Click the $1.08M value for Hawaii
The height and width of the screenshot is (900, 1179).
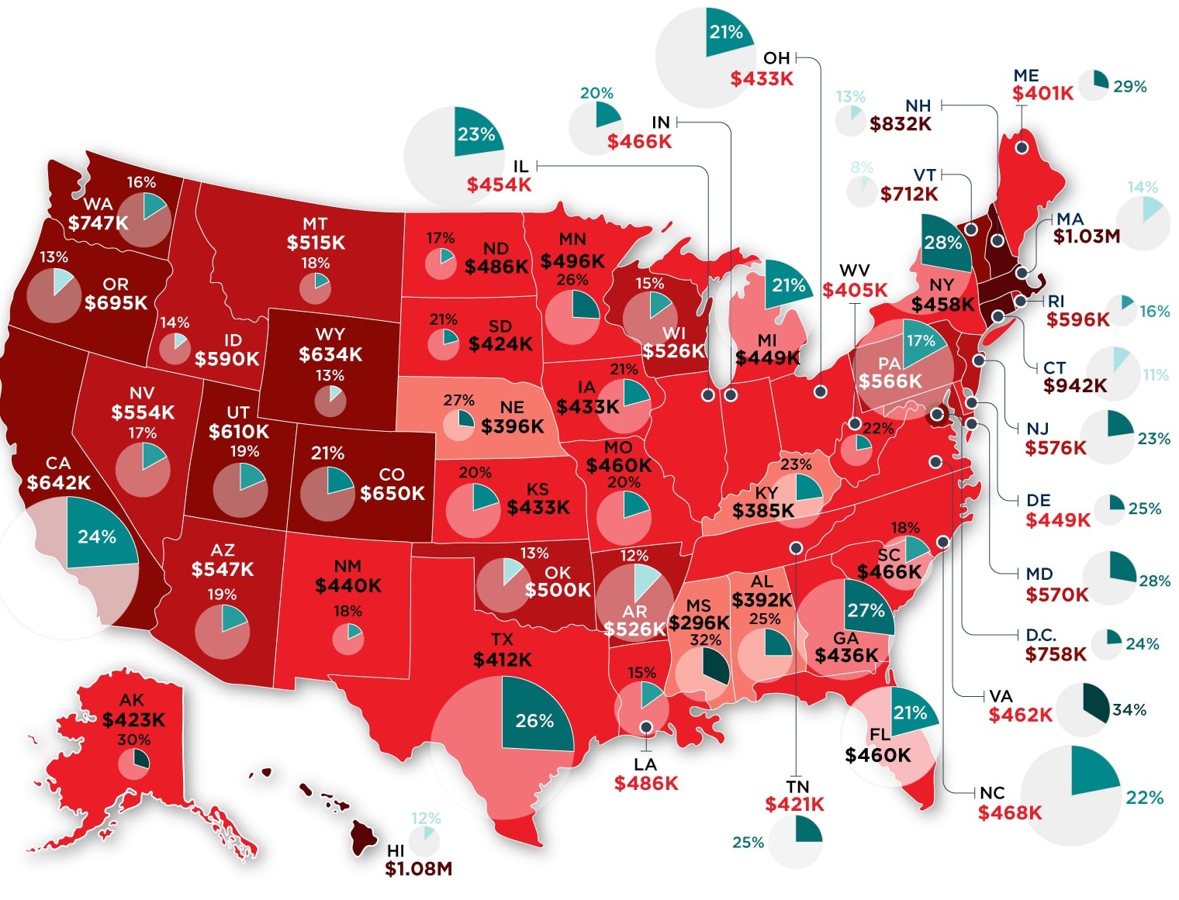click(x=418, y=869)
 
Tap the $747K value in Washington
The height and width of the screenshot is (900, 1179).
click(x=98, y=223)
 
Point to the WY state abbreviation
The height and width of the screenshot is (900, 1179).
click(x=330, y=334)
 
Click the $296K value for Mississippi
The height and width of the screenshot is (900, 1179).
click(x=699, y=623)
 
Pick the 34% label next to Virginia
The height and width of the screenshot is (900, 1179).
click(x=1129, y=710)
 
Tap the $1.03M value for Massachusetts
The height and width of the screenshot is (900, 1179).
click(x=1087, y=236)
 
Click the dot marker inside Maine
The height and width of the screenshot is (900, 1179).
click(x=1022, y=147)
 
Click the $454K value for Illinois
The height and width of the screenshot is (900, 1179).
click(x=499, y=184)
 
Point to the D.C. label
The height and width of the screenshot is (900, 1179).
click(x=1041, y=635)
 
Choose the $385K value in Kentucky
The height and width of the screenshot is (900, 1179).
click(x=763, y=511)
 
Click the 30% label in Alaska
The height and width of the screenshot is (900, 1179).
click(x=134, y=740)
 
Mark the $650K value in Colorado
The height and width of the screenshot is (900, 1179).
click(x=392, y=493)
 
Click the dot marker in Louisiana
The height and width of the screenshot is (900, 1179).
click(x=645, y=727)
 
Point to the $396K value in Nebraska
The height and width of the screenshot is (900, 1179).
click(x=512, y=426)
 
